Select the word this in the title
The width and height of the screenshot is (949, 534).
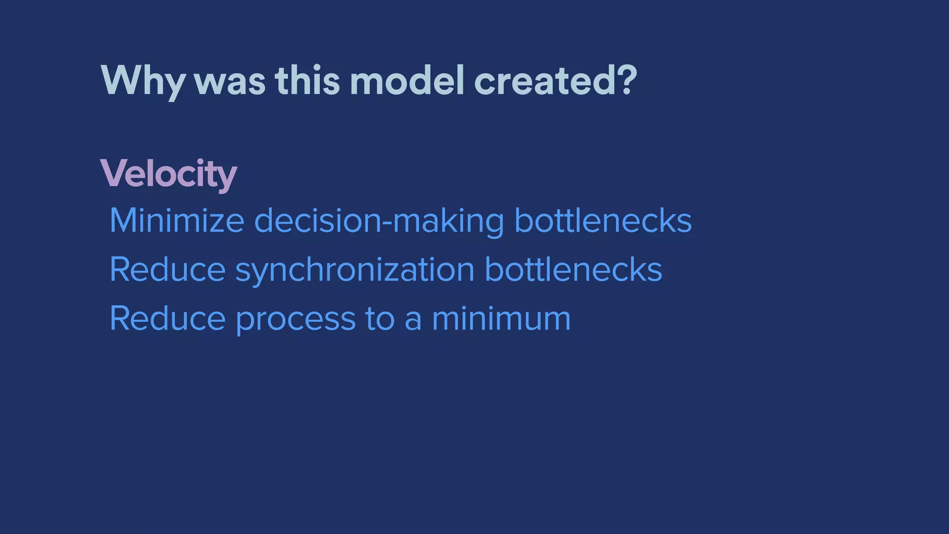tap(307, 81)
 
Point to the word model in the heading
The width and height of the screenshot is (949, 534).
tap(407, 81)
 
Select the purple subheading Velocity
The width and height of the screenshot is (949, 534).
tap(169, 174)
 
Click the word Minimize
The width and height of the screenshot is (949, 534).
tap(177, 221)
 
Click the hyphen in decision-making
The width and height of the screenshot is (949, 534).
tap(386, 222)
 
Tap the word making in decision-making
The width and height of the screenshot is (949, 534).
tap(448, 222)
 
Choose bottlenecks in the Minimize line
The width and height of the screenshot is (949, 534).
tap(603, 221)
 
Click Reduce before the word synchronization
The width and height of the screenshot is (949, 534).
tap(167, 270)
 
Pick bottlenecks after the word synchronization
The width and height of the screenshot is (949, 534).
tap(573, 270)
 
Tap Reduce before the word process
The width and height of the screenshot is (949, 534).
tap(167, 319)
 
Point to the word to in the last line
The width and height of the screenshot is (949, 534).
tap(380, 319)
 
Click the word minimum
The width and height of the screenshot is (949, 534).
tap(501, 319)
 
